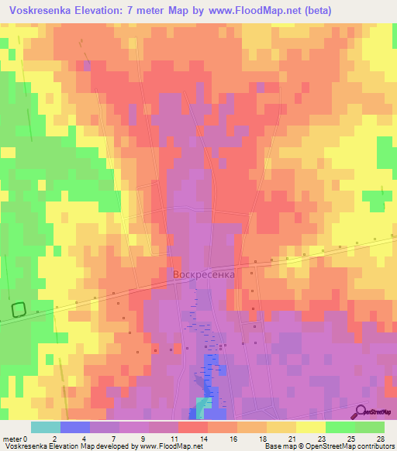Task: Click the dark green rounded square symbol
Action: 19,309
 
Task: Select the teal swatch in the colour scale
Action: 45,427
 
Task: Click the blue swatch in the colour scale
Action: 74,427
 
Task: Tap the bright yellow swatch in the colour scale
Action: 310,427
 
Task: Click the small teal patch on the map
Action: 203,405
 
